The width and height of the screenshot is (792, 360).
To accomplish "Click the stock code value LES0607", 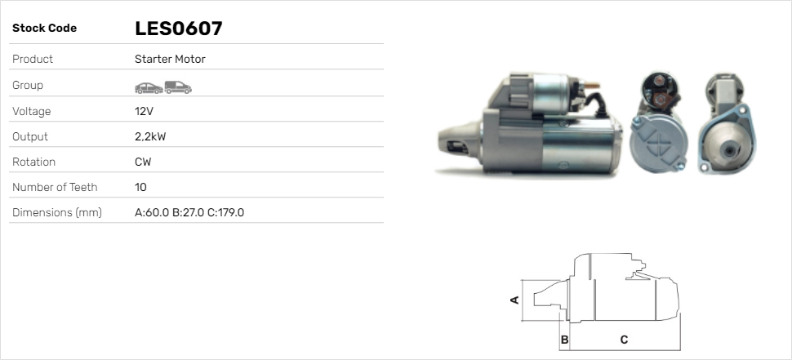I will click(178, 29).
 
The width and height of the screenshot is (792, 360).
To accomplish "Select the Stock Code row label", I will click(44, 29).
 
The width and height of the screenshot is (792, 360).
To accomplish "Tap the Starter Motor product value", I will click(170, 59).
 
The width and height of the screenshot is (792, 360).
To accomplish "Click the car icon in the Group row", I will click(148, 87).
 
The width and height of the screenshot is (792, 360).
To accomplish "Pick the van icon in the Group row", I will click(177, 87).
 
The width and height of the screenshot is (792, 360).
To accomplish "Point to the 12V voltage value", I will click(145, 111).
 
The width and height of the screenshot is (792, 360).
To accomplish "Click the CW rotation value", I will click(143, 162).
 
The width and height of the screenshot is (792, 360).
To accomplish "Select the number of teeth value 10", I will click(140, 187).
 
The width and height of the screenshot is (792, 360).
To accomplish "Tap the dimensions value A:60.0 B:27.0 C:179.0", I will click(189, 212).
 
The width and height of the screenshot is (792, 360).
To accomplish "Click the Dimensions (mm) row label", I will click(56, 212).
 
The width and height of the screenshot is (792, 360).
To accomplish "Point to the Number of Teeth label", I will click(55, 187).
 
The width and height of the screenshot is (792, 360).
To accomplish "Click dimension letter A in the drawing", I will click(514, 300).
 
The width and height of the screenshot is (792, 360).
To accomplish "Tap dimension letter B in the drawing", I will click(564, 339).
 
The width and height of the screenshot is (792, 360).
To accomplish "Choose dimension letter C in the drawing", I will click(624, 339).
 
